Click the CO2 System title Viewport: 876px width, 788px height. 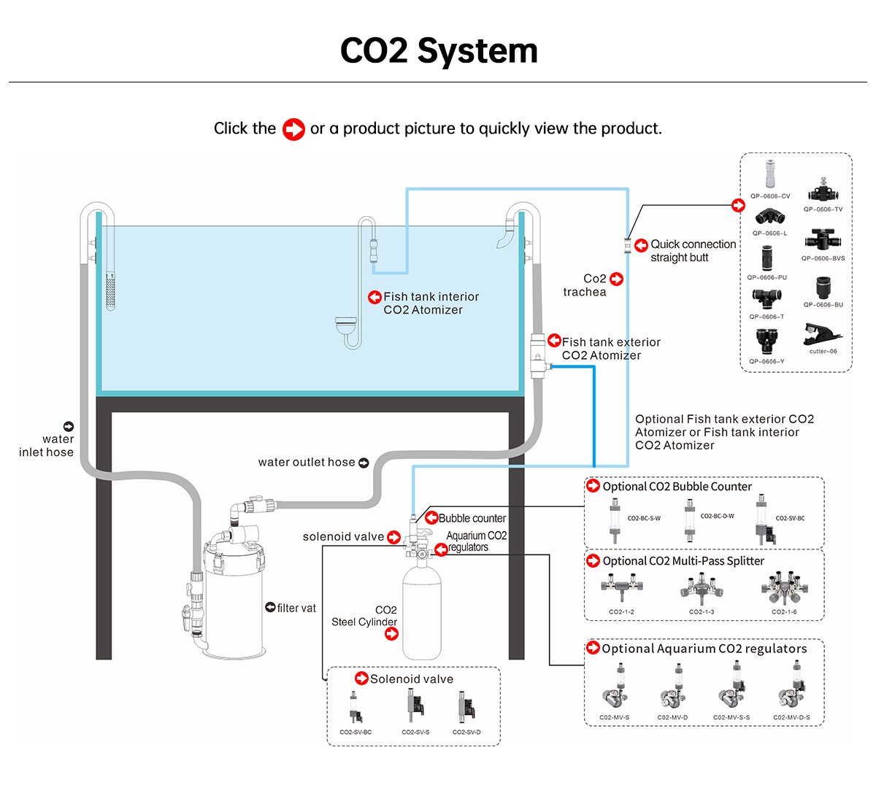[439, 51]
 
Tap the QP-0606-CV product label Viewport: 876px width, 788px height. [770, 196]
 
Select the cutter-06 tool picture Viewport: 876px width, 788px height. [822, 335]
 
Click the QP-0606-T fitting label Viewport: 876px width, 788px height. [766, 317]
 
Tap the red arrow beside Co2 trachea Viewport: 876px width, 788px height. [617, 279]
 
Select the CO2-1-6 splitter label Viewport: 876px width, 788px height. [784, 611]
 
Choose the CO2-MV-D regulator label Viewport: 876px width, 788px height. [672, 717]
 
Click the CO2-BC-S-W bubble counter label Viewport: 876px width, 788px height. [644, 518]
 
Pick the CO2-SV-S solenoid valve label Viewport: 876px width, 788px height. [415, 732]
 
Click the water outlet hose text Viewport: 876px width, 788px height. [307, 462]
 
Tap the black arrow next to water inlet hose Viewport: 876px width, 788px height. [69, 426]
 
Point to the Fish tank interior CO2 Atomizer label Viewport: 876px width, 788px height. [431, 303]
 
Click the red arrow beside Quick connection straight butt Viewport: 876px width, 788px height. [641, 245]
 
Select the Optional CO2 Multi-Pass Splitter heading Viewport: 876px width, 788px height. [683, 561]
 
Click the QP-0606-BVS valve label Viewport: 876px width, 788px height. [823, 258]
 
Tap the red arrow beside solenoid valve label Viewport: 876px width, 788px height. [393, 537]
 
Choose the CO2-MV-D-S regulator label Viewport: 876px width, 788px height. [791, 717]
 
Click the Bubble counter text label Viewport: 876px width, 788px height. [472, 518]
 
